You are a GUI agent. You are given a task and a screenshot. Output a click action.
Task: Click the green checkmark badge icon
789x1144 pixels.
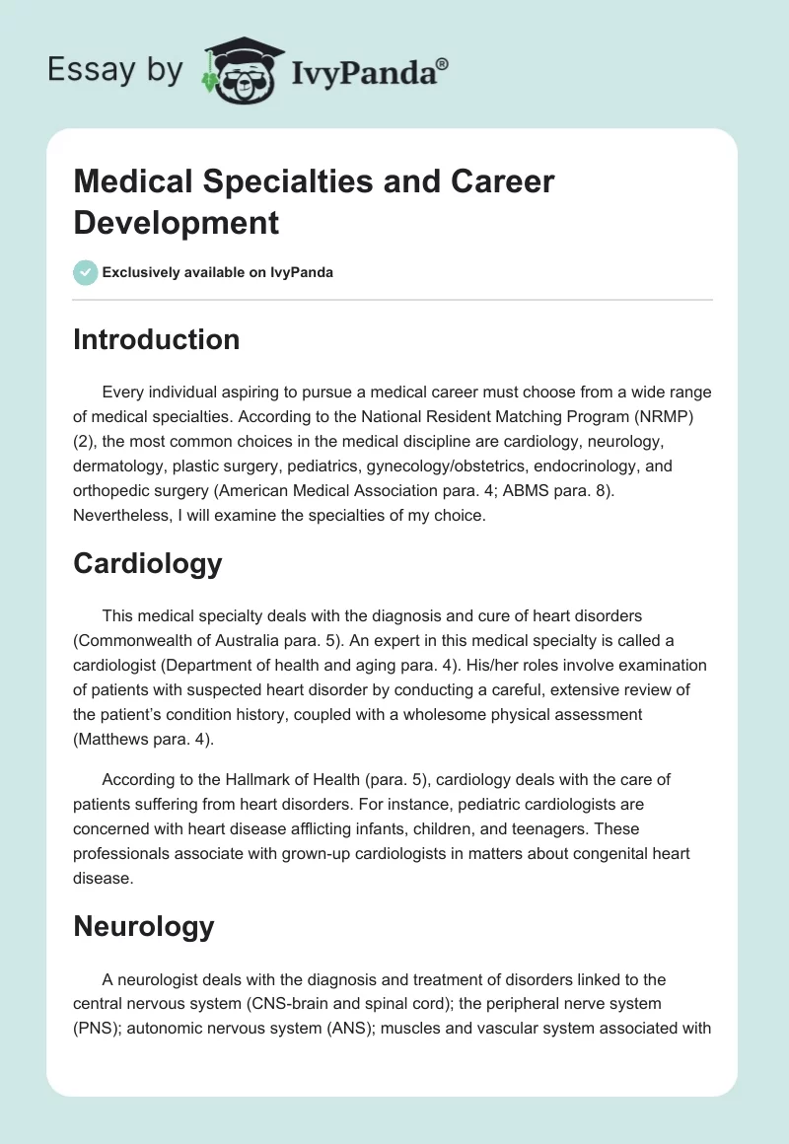click(x=86, y=272)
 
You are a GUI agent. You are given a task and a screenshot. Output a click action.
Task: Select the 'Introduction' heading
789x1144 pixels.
click(x=157, y=339)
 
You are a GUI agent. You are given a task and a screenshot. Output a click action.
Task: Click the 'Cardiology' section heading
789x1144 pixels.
click(x=148, y=563)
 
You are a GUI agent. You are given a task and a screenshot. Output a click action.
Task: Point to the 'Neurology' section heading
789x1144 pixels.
click(x=144, y=926)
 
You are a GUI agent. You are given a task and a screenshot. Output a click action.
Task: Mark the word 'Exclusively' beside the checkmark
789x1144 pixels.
click(x=148, y=272)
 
